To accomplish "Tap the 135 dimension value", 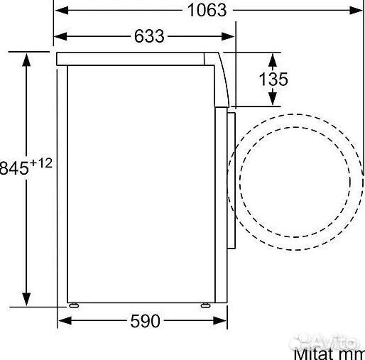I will pos(273,80).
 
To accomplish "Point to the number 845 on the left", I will pos(13,168).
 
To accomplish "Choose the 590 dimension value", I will pos(145,322).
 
